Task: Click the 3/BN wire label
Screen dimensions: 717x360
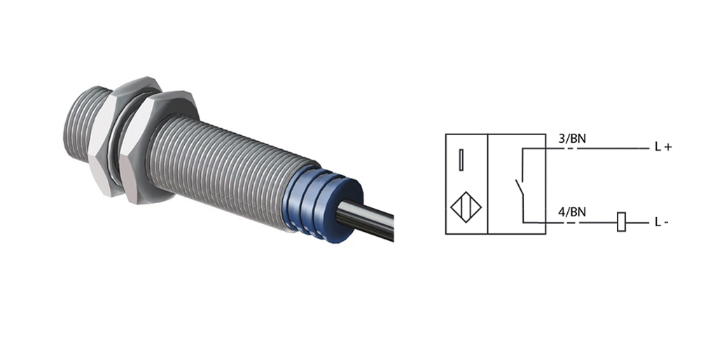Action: click(571, 138)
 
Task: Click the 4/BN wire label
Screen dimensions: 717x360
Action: click(571, 212)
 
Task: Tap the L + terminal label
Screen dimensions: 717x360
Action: click(663, 147)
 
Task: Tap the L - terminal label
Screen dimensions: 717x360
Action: click(662, 223)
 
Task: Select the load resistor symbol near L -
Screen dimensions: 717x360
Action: click(622, 222)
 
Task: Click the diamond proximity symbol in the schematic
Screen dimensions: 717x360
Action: click(466, 207)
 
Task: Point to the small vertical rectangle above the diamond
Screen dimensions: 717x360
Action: click(461, 160)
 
